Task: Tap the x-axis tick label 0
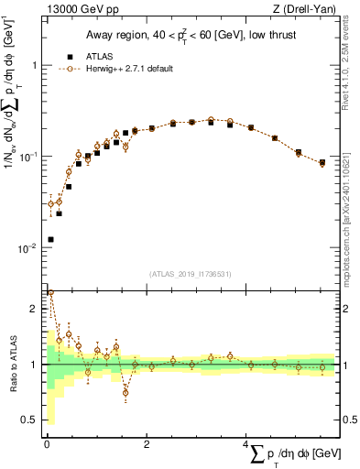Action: [x=46, y=445]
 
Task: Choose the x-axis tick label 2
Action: [x=147, y=445]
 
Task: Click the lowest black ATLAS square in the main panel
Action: [x=50, y=239]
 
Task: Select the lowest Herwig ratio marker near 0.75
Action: [x=125, y=392]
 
